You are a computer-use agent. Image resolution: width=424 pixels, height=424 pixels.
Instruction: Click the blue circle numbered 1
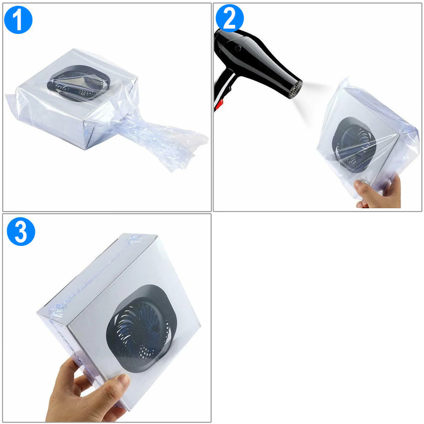(x=19, y=20)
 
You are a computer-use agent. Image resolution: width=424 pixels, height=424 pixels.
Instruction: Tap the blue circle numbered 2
(x=229, y=19)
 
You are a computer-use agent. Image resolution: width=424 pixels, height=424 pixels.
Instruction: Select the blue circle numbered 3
(x=21, y=232)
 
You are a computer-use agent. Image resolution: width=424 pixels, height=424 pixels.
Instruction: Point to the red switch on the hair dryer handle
(x=219, y=105)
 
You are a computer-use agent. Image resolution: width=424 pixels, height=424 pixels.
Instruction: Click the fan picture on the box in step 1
(x=79, y=83)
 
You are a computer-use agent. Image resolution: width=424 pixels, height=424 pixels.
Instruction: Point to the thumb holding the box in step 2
(x=365, y=190)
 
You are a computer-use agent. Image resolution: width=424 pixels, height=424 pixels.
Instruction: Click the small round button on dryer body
(x=238, y=48)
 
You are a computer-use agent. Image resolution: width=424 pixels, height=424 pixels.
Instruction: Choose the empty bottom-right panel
(x=317, y=318)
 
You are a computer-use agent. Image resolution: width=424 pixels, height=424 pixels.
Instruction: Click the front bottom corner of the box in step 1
(x=86, y=149)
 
